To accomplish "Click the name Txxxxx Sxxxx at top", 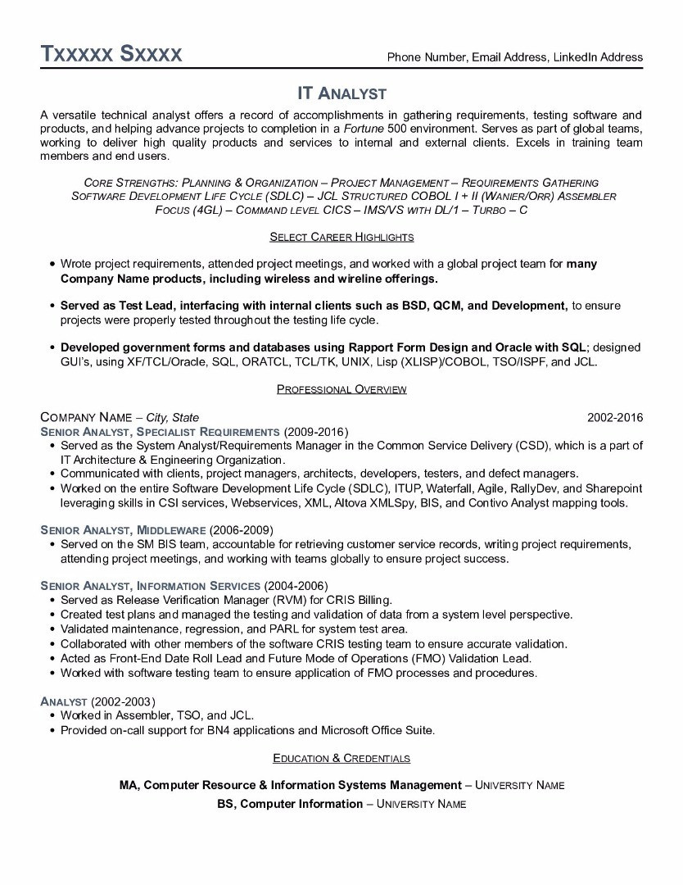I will click(111, 54).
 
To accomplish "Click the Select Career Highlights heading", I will click(341, 237).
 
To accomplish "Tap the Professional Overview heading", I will click(341, 389).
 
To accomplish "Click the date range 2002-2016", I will click(615, 417).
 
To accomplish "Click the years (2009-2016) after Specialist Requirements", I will click(315, 431).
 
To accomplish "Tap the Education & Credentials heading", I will click(341, 758).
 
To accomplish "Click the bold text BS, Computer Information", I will click(290, 804).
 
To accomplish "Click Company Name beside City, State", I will click(86, 417).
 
